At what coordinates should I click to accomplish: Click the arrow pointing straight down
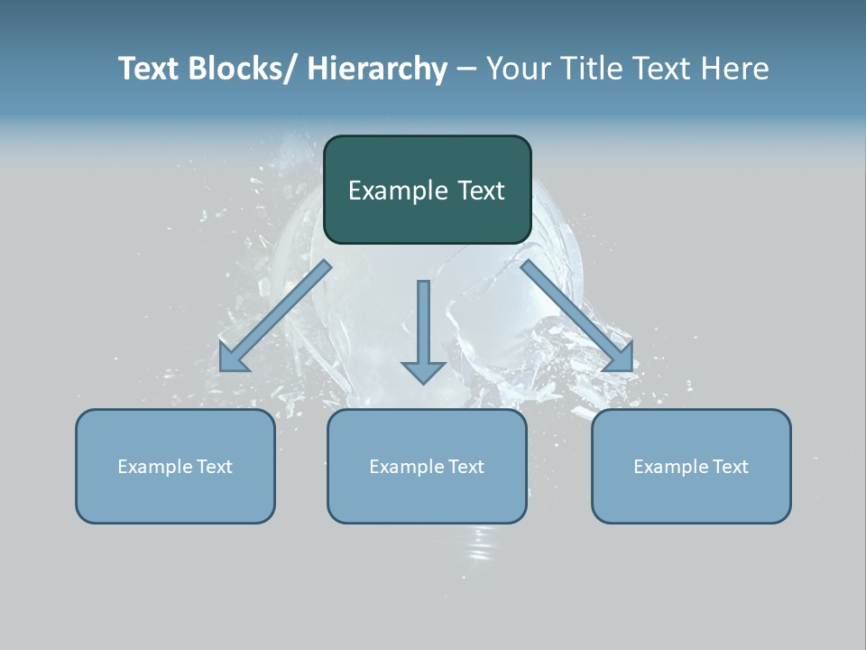click(x=423, y=330)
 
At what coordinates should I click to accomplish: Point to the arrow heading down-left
click(x=275, y=316)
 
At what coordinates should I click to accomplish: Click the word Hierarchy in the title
click(x=377, y=70)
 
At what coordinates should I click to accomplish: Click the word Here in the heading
click(x=736, y=70)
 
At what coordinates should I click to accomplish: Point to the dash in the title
click(x=466, y=70)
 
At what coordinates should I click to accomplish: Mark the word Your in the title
click(x=517, y=70)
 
